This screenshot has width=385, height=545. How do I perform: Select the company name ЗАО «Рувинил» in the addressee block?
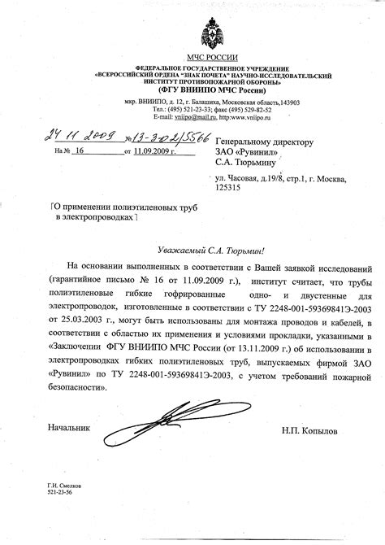click(247, 152)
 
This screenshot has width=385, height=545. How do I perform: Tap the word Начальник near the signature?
click(69, 426)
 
